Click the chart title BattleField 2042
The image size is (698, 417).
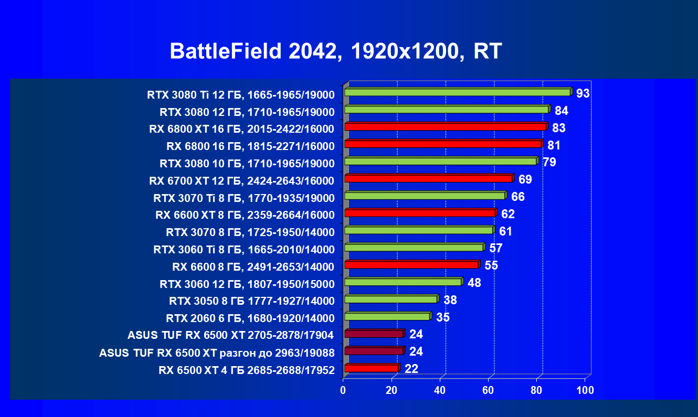coord(336,51)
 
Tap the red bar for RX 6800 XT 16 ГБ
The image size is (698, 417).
coord(446,127)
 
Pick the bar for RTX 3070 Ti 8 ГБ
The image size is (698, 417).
coord(425,196)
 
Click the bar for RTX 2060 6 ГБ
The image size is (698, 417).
coord(387,317)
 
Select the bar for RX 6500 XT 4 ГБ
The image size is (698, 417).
coord(372,368)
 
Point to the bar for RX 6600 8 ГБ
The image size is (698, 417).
coord(411,265)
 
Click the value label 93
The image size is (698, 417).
coord(583,94)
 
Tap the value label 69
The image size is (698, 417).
coord(525,180)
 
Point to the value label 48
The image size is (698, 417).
coord(474,283)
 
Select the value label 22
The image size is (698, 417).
coord(411,369)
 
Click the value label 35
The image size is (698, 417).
coord(443,317)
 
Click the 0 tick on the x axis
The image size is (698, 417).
coord(343,390)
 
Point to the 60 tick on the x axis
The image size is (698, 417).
coord(488,390)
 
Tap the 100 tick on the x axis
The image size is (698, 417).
coord(585,390)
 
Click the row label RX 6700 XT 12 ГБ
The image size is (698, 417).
coord(241,181)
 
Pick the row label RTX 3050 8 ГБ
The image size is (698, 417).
coord(251,301)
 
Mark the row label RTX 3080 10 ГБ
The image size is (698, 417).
coord(247,164)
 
